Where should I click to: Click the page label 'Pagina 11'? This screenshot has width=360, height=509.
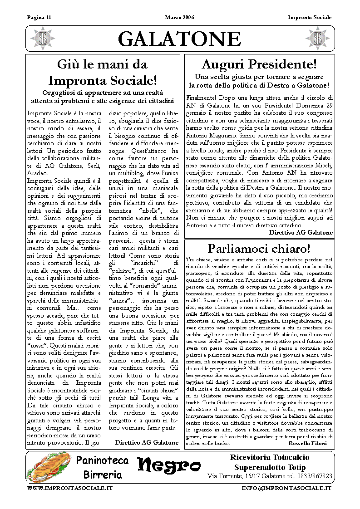coord(39,18)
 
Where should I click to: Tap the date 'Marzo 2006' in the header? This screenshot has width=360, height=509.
coord(179,18)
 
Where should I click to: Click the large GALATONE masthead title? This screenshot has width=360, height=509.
coord(180,39)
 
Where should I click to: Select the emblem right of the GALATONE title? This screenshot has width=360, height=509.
coord(317,39)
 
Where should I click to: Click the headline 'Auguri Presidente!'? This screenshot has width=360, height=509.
coord(259,64)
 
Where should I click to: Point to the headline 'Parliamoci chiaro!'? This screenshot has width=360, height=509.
coord(259,249)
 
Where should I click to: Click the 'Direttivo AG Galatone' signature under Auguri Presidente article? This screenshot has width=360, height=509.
coord(301,232)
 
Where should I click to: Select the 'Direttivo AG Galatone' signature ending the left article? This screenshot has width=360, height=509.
coord(147,442)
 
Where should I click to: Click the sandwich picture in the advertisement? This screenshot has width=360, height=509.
coord(49,467)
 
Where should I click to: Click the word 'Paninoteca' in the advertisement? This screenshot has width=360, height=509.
coord(103,460)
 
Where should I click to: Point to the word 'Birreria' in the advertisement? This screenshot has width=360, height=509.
coord(103,475)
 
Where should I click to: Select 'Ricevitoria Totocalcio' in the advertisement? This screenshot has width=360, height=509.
coord(270,457)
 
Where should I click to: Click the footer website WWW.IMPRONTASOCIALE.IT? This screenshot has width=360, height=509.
coord(70,488)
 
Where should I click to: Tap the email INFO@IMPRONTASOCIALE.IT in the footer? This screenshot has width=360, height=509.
coord(286,488)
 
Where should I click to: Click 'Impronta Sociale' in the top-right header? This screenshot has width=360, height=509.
coord(310,18)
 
